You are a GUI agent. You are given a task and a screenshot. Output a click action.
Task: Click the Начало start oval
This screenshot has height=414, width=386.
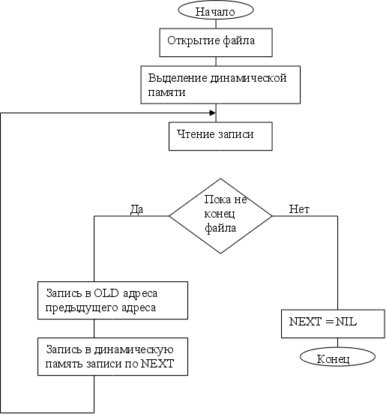tap(216, 10)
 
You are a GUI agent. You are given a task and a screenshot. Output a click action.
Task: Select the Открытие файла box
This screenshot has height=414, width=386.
tap(216, 43)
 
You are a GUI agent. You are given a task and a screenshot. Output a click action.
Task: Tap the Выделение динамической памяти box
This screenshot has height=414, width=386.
tap(220, 85)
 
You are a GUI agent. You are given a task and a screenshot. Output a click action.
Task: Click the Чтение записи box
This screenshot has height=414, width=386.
tap(220, 136)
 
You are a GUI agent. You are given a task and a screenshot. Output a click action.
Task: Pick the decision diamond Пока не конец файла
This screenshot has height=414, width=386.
tap(220, 216)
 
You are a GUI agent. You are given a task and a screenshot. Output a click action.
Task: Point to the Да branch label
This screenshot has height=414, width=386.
tap(137, 209)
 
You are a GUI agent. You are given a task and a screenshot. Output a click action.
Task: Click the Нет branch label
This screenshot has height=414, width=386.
tap(299, 209)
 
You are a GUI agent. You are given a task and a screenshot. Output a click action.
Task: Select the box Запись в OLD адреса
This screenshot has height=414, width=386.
tap(112, 300)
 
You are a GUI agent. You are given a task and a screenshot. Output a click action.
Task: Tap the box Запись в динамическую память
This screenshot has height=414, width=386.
tap(112, 356)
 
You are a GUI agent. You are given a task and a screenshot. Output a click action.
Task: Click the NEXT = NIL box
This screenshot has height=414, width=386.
tap(333, 324)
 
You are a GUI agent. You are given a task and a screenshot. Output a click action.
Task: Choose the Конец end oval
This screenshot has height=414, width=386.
tap(337, 357)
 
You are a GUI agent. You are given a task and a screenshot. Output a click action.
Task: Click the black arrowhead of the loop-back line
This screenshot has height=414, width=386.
tap(213, 113)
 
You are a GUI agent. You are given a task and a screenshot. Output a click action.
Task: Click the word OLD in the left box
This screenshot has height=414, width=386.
tap(106, 293)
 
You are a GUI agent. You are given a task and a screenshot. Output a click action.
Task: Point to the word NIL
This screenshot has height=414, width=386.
tap(346, 322)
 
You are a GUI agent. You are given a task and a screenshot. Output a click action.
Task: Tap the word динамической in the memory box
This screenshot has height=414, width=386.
tap(249, 78)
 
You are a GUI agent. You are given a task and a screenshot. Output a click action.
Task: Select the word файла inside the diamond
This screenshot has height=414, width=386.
tap(220, 228)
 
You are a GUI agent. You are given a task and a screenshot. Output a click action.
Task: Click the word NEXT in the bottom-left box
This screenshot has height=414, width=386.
tap(157, 364)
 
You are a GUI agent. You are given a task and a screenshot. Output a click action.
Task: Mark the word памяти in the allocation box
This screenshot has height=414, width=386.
tap(166, 92)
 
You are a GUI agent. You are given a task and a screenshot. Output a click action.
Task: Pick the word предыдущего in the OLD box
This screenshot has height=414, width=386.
tap(82, 307)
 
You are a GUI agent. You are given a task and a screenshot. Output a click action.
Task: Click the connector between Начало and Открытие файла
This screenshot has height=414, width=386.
tap(216, 24)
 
